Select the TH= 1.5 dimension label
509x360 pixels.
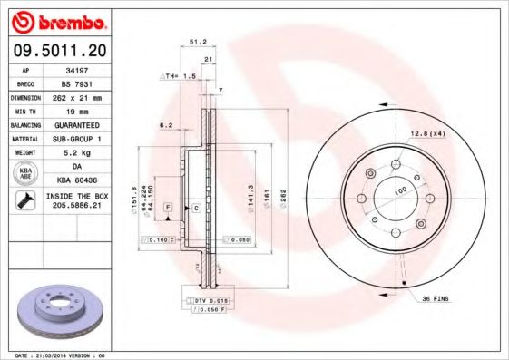coord(179,78)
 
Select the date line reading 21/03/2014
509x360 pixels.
coord(62,355)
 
